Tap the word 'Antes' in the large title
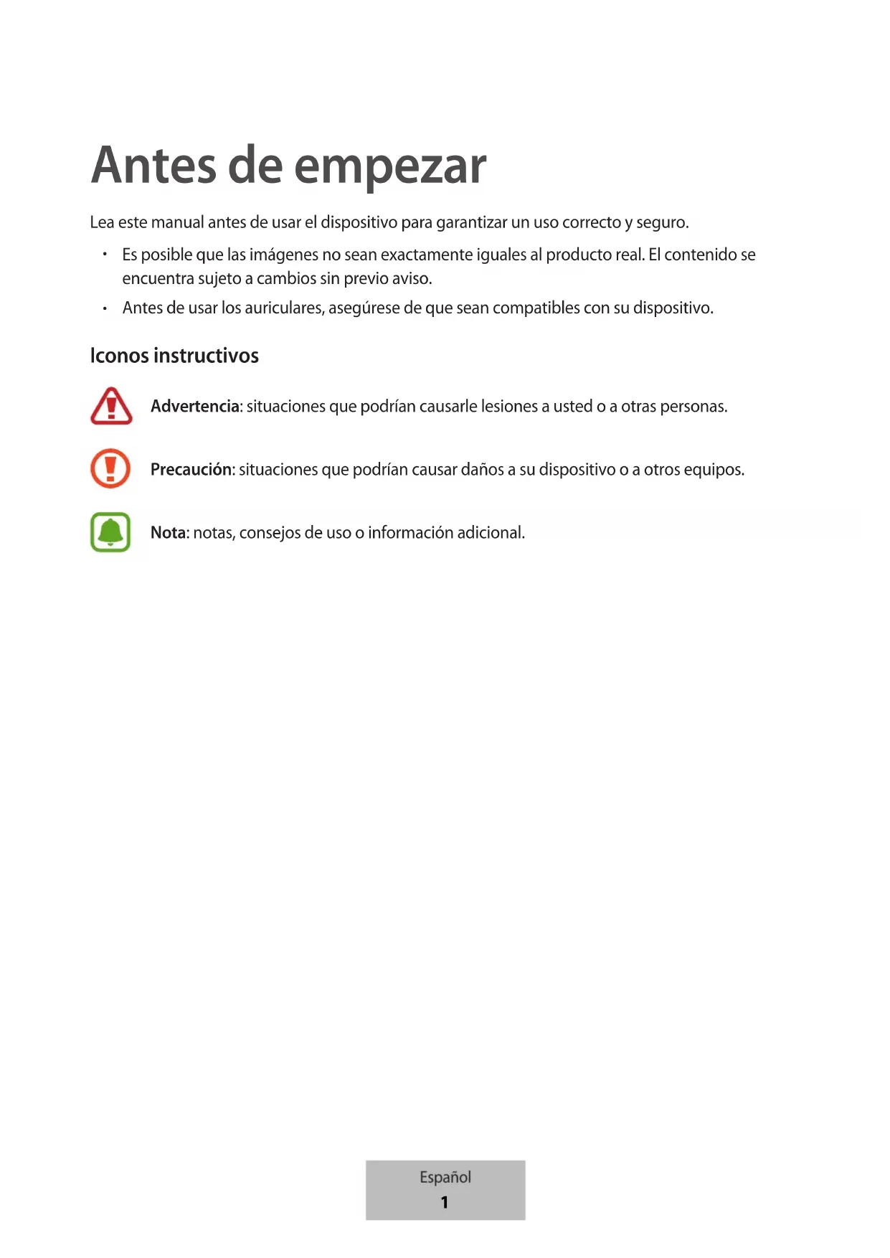pos(154,166)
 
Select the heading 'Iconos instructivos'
pos(174,356)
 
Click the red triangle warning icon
pos(111,406)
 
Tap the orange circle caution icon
pos(110,468)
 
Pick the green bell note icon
pos(110,532)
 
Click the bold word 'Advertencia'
pos(195,407)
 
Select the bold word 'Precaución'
pos(191,470)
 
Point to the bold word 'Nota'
pos(169,533)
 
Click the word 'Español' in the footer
pos(445,1177)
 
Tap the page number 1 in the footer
pos(445,1202)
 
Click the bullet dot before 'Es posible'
pos(105,255)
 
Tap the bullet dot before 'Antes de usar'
pos(105,308)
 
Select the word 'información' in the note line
pos(410,533)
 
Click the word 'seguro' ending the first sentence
pos(661,223)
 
